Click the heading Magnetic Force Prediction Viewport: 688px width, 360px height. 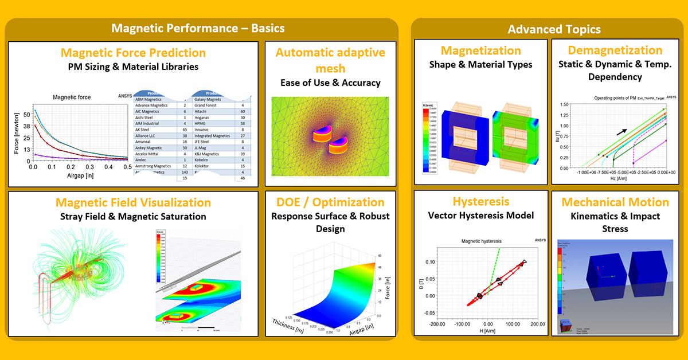pos(133,53)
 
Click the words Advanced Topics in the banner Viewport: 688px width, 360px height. pos(554,29)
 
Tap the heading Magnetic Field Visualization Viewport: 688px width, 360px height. pos(133,202)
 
